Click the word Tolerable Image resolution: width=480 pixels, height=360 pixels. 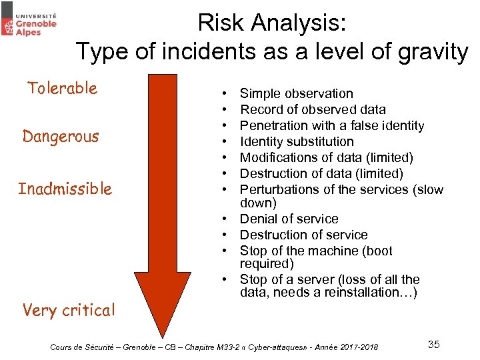62,88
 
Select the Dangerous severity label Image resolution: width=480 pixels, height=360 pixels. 61,137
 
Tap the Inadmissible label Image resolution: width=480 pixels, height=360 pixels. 65,189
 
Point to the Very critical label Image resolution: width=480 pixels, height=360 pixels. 69,310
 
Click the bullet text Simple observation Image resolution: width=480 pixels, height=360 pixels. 296,94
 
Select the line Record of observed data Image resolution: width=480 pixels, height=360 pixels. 313,110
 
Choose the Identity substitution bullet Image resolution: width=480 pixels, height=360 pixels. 297,142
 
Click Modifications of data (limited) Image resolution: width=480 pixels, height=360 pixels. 326,158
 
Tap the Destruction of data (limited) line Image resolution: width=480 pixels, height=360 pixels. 321,174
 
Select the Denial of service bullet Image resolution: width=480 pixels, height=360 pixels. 289,219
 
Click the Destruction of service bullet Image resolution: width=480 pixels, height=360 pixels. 303,235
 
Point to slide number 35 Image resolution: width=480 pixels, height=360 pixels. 433,345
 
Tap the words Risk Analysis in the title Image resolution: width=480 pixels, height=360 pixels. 272,23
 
